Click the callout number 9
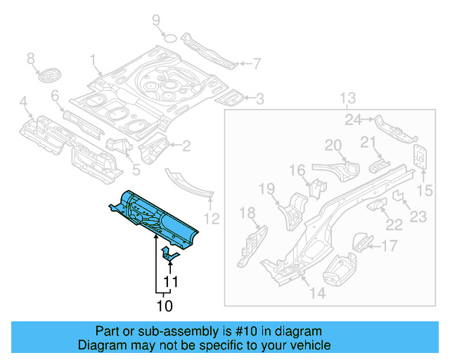coord(156,20)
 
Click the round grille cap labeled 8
coord(49,75)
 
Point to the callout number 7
coord(257,64)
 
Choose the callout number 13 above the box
coord(349,97)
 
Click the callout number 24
coord(353,120)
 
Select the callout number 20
coord(333,146)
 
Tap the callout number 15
coord(423,191)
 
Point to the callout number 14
coord(318,292)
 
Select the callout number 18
coord(248,213)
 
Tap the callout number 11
coord(169,283)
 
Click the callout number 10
coord(164,306)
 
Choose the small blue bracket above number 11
coord(169,255)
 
